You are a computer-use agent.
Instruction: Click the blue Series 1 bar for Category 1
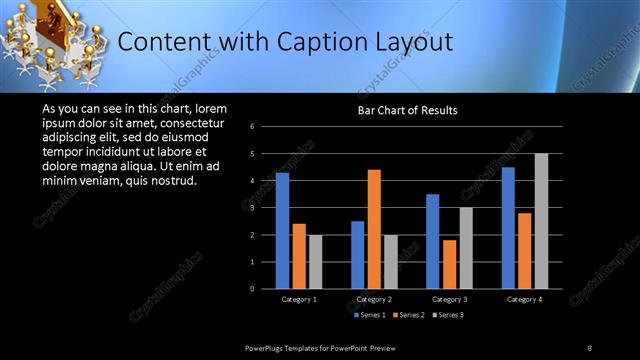(282, 231)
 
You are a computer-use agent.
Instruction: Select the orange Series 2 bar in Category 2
(374, 229)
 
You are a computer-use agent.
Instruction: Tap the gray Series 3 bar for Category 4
(541, 221)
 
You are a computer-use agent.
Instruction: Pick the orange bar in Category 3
(449, 264)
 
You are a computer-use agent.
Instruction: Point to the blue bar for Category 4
(508, 228)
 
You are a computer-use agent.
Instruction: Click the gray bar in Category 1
(315, 262)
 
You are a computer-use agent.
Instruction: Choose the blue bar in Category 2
(358, 255)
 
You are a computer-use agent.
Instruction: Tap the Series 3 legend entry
(449, 315)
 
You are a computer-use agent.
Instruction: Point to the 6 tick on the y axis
(253, 127)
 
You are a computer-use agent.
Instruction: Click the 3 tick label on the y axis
(253, 208)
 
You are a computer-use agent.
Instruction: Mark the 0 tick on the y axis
(253, 289)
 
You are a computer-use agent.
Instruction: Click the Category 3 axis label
(449, 299)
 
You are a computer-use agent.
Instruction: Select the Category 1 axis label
(299, 299)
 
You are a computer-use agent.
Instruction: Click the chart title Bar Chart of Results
(408, 110)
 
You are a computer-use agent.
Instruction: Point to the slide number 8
(590, 347)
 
